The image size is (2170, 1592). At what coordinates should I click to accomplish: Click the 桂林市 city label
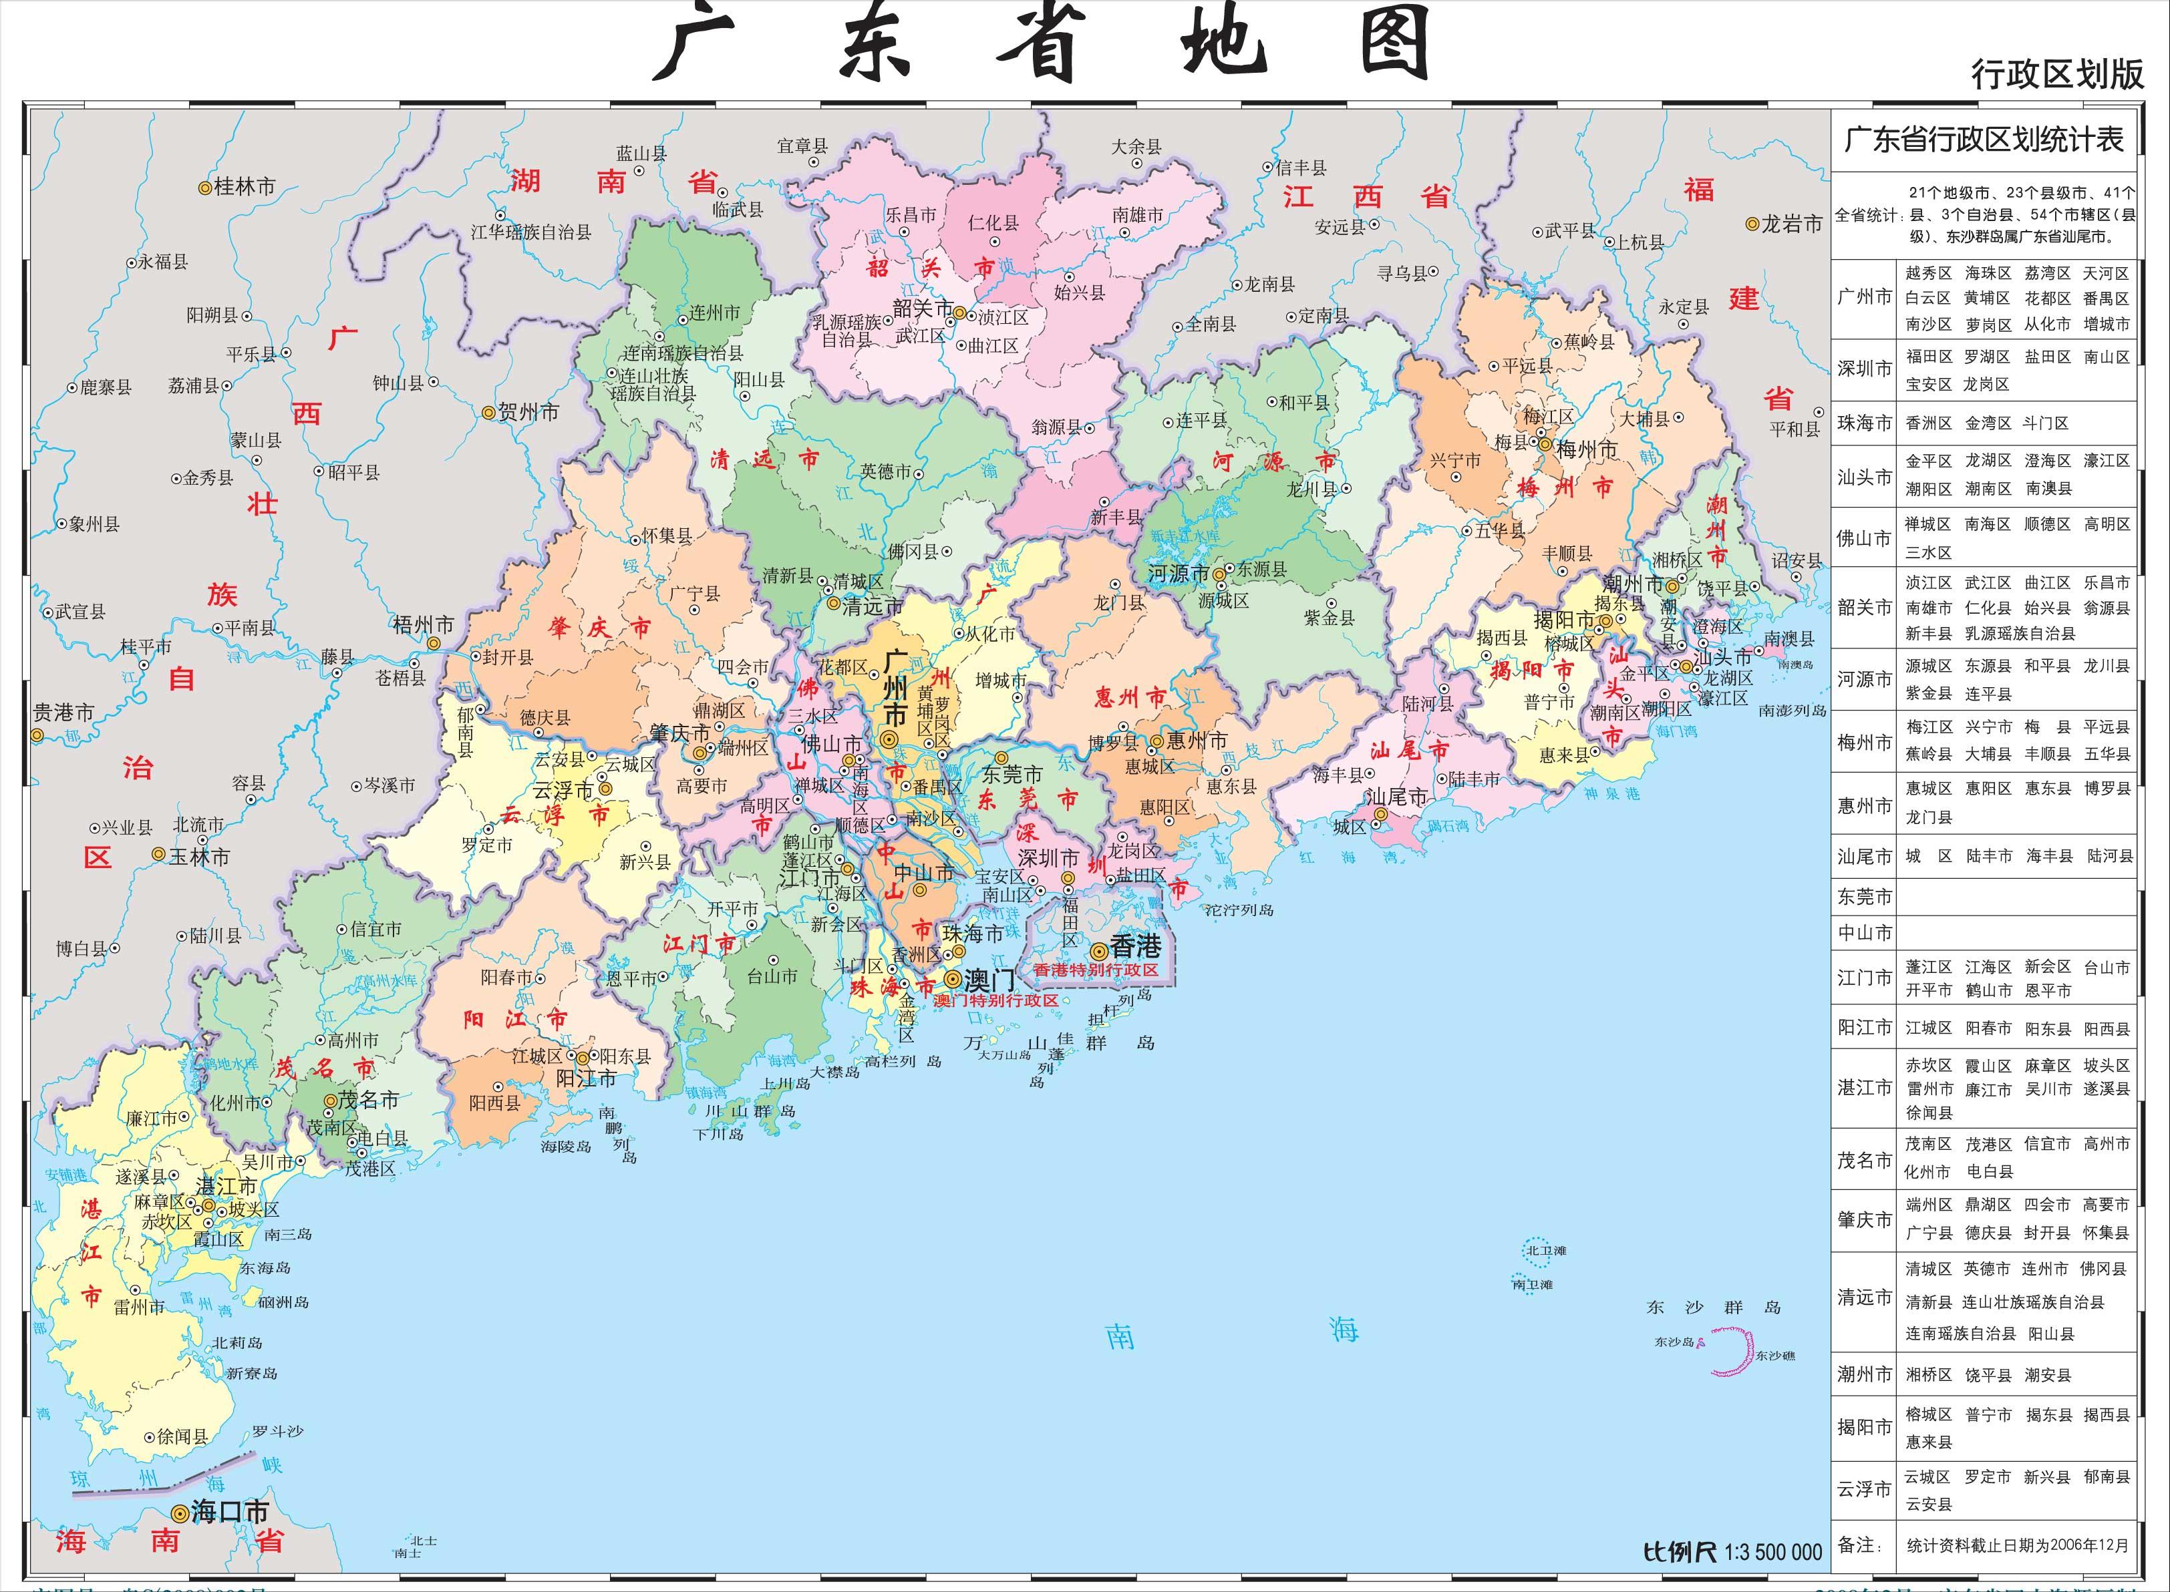[244, 187]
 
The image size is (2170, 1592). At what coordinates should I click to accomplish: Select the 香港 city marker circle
[1098, 950]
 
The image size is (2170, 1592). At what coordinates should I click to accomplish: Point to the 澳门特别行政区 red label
[996, 1000]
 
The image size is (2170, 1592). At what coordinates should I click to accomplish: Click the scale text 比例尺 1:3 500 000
[1732, 1551]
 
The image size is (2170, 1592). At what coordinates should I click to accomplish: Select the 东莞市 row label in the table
[1865, 896]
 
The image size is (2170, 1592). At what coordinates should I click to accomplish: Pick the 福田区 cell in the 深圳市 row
[1928, 357]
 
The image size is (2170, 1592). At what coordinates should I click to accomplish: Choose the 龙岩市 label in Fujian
[1791, 224]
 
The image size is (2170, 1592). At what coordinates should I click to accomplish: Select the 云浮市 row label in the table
[1865, 1489]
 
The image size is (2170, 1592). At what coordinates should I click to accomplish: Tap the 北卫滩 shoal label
[1545, 1251]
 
